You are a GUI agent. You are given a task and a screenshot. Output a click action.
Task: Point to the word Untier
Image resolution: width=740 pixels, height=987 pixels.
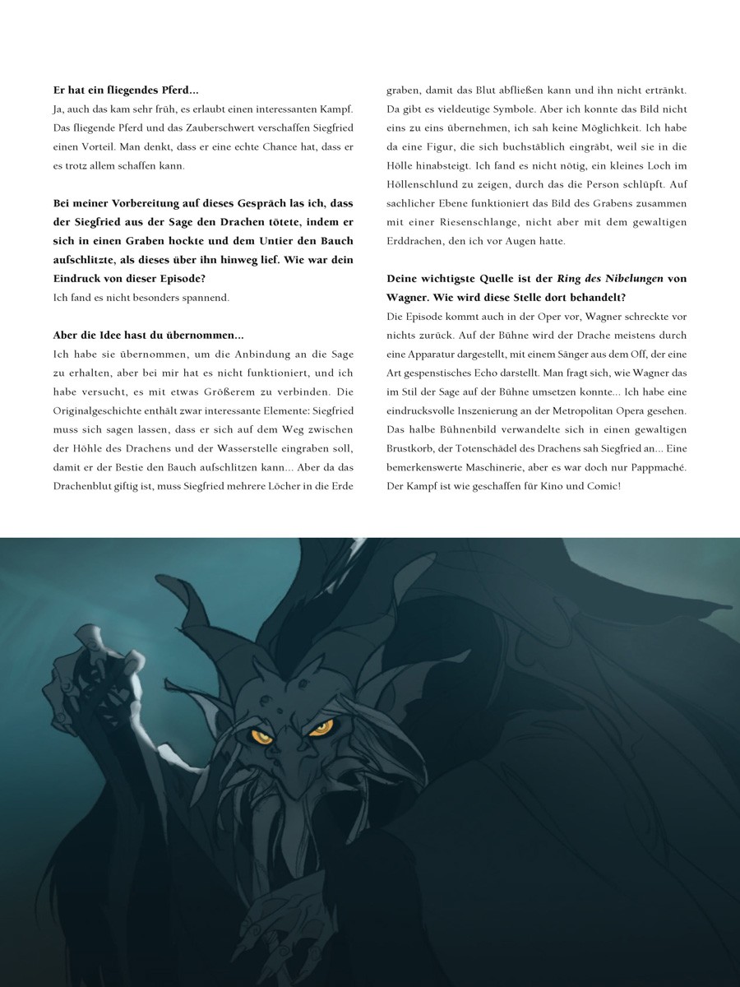(273, 240)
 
